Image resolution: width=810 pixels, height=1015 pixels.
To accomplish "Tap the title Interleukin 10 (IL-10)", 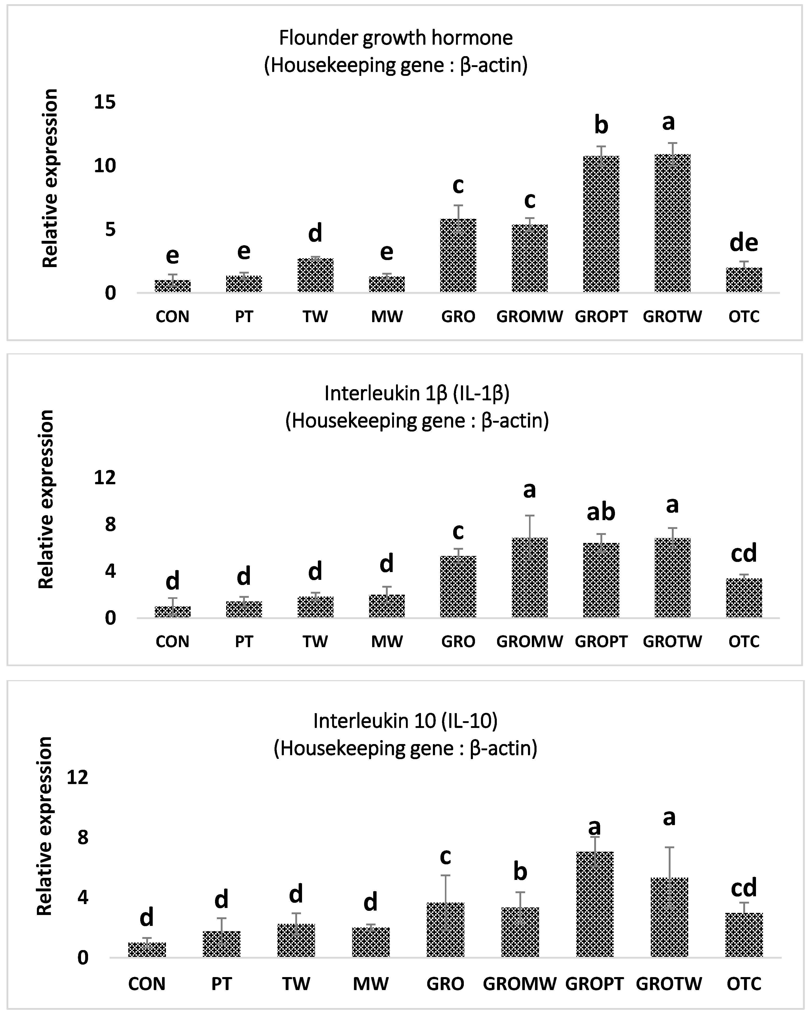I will pyautogui.click(x=405, y=721).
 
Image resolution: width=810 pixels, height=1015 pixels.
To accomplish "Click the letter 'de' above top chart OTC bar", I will pyautogui.click(x=744, y=243).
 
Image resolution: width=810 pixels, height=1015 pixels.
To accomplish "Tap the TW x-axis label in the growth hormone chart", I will pyautogui.click(x=315, y=316).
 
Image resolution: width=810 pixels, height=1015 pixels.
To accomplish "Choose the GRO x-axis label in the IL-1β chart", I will pyautogui.click(x=458, y=642).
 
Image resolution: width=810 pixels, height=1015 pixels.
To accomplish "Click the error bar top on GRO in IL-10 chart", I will pyautogui.click(x=445, y=875).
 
